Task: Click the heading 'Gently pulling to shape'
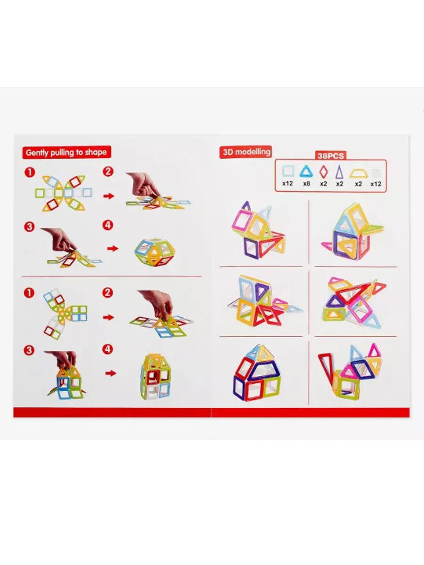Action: click(x=66, y=153)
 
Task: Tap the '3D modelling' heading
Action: click(x=246, y=152)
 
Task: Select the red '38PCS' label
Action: click(x=331, y=156)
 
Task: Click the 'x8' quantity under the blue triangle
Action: click(x=306, y=184)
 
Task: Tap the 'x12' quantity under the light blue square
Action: click(x=287, y=184)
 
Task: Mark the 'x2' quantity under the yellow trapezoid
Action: click(x=358, y=184)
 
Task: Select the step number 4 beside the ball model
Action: click(x=108, y=226)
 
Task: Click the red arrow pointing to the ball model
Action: click(x=113, y=249)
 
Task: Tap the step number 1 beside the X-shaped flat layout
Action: click(x=30, y=172)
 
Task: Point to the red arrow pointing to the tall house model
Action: click(x=111, y=373)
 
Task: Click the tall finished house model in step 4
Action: click(x=155, y=377)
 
